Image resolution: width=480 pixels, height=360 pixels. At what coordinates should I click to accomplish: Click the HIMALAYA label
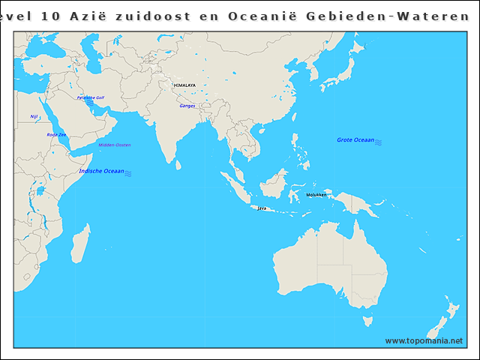click(x=184, y=85)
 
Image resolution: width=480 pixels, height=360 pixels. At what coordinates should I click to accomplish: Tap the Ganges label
click(x=187, y=106)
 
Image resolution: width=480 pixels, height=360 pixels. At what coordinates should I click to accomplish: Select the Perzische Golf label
click(x=91, y=97)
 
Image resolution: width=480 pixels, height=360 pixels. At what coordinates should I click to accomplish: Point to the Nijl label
click(x=34, y=116)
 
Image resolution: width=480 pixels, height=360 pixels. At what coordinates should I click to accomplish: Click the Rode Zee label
click(x=56, y=135)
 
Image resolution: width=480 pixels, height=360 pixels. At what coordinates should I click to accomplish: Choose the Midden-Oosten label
click(x=115, y=145)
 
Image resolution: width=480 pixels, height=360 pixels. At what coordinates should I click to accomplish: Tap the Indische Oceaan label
click(x=101, y=171)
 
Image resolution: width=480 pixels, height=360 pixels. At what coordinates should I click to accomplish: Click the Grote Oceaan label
click(x=355, y=140)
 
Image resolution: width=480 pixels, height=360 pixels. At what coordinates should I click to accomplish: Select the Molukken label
click(x=316, y=195)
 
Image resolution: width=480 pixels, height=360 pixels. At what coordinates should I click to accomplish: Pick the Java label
click(x=262, y=208)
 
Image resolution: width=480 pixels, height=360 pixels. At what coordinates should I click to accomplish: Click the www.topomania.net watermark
click(x=424, y=340)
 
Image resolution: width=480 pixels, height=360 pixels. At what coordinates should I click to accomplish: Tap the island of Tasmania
click(x=367, y=321)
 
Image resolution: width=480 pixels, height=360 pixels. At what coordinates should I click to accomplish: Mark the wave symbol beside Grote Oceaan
click(x=379, y=141)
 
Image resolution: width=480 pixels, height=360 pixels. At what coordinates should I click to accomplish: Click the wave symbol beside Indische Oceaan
click(x=129, y=173)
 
